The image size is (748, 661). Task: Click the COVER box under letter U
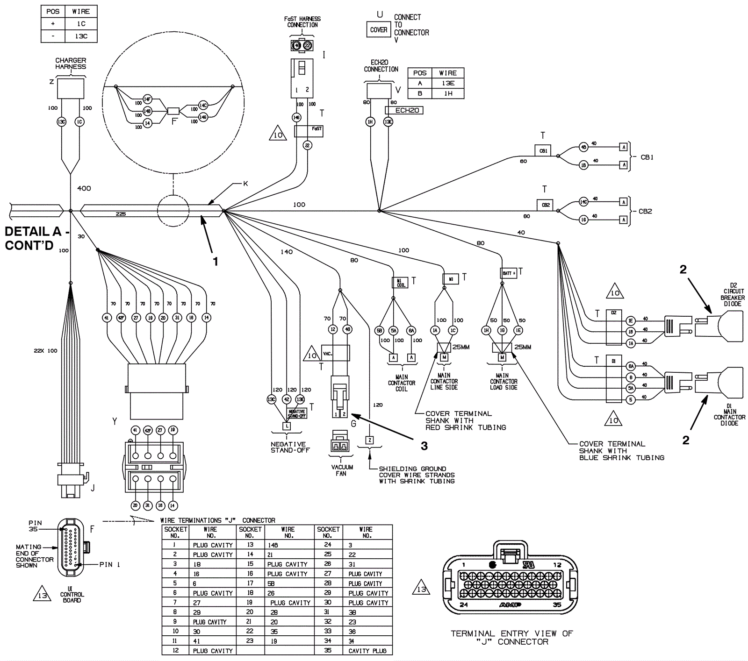click(x=378, y=30)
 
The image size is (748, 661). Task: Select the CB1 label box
click(x=543, y=151)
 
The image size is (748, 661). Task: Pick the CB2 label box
click(x=545, y=205)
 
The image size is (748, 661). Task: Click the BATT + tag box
click(x=508, y=273)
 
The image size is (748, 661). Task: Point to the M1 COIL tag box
click(x=400, y=283)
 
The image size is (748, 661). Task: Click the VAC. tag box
click(x=328, y=354)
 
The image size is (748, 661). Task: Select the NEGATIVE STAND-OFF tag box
click(x=296, y=413)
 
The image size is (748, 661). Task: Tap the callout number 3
click(x=424, y=446)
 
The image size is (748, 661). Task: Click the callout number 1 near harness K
click(x=216, y=262)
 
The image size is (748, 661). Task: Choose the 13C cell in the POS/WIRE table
click(x=81, y=36)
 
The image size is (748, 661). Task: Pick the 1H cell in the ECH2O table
click(x=447, y=93)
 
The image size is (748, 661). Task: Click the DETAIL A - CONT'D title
click(x=36, y=238)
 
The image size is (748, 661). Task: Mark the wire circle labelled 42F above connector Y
click(x=121, y=318)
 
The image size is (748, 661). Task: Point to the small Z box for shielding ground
click(x=369, y=440)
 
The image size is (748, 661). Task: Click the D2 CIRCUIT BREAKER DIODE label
click(x=733, y=294)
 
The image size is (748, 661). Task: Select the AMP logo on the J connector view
click(x=510, y=605)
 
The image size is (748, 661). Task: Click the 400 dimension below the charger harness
click(x=84, y=188)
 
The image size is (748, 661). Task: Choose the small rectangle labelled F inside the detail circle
click(x=173, y=111)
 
